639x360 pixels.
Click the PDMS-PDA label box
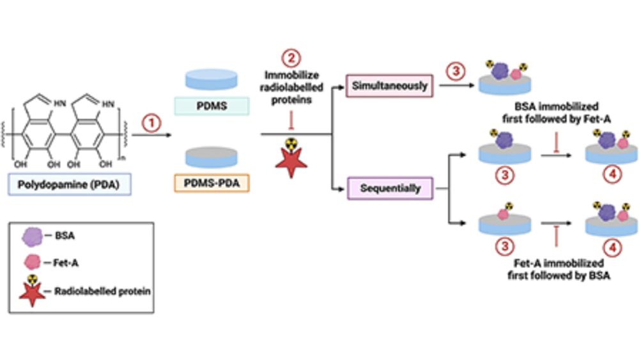click(211, 184)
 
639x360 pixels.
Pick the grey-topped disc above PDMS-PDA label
click(211, 155)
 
